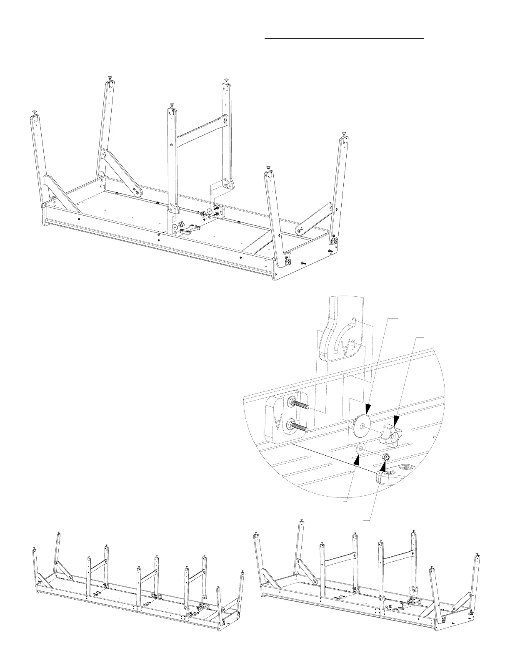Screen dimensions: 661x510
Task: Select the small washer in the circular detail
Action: (x=360, y=449)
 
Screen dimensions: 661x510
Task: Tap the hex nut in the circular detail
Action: (x=386, y=457)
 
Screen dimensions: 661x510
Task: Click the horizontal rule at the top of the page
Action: (x=344, y=38)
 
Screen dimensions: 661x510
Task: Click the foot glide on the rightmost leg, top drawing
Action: (x=344, y=134)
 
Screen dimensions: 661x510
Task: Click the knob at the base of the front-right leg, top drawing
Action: (x=287, y=262)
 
